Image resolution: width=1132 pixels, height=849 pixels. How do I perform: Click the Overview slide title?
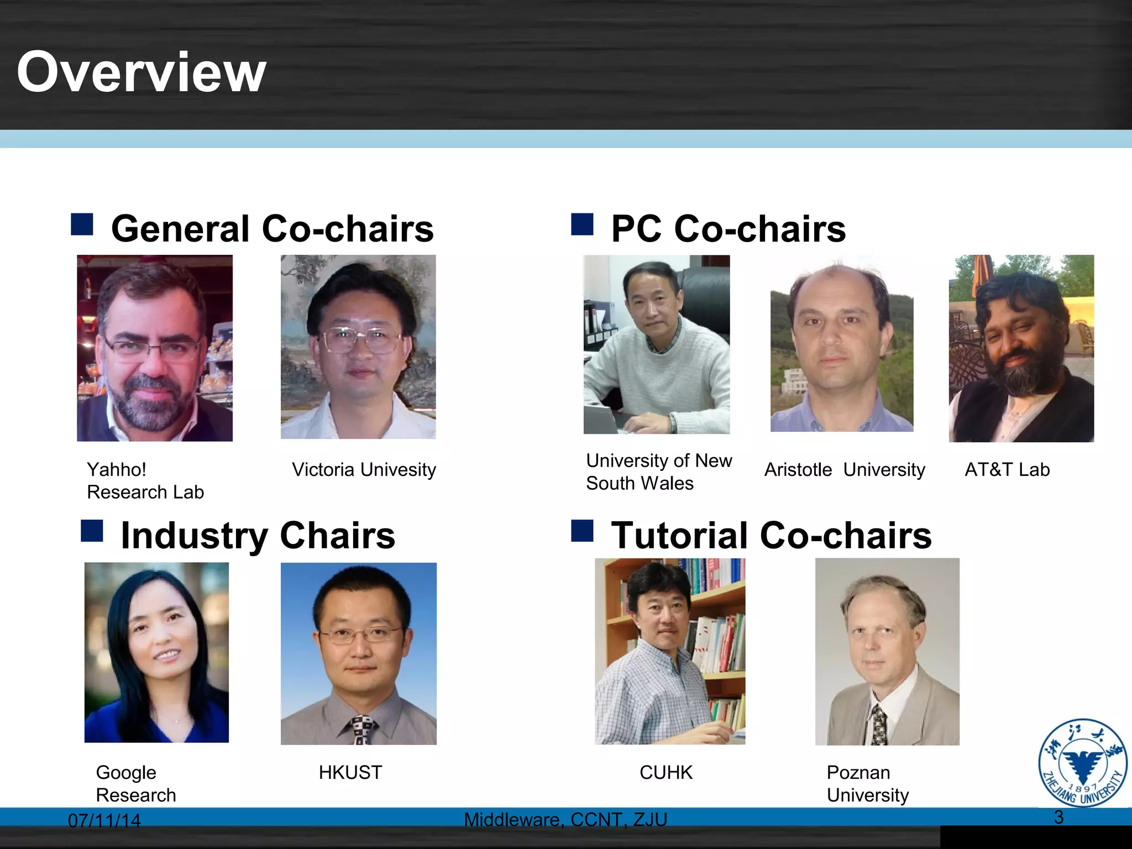point(141,72)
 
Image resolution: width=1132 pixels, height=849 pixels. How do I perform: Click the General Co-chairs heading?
point(272,229)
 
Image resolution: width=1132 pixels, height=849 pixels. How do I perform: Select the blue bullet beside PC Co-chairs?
point(581,224)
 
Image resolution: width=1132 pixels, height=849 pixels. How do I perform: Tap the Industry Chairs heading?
point(258,536)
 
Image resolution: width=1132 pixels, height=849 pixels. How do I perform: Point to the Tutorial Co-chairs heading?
point(771,536)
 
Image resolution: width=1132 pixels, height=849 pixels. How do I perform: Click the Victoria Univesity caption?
point(364,470)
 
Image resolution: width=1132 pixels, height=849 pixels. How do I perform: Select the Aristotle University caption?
point(844,470)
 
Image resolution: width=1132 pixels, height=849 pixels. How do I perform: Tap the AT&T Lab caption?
point(1007,470)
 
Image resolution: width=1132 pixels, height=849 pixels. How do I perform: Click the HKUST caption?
point(350,773)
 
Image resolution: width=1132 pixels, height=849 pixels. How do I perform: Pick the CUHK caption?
point(665,773)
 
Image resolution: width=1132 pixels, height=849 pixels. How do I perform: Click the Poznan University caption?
point(867,784)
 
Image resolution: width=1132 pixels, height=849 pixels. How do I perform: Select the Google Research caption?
point(135,784)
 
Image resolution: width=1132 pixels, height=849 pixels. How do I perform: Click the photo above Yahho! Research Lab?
point(155,348)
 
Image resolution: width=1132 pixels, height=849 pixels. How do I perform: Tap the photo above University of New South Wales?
point(657,344)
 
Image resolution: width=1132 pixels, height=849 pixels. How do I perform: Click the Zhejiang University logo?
point(1083,763)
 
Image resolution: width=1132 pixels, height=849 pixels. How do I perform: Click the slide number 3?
point(1058,817)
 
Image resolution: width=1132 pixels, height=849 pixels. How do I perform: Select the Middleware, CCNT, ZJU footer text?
point(565,820)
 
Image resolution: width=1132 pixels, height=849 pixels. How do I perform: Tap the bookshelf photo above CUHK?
point(670,651)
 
